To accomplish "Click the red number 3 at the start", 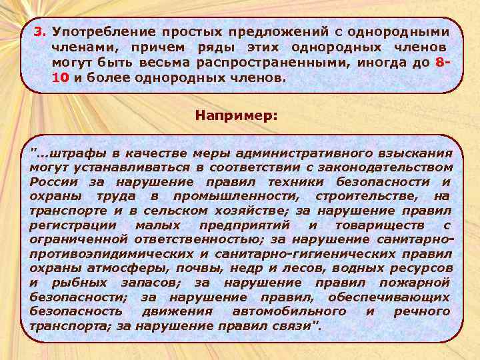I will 39,32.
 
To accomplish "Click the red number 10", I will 59,78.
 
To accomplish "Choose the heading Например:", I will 237,115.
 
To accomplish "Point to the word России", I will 53,181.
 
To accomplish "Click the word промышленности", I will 235,196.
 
